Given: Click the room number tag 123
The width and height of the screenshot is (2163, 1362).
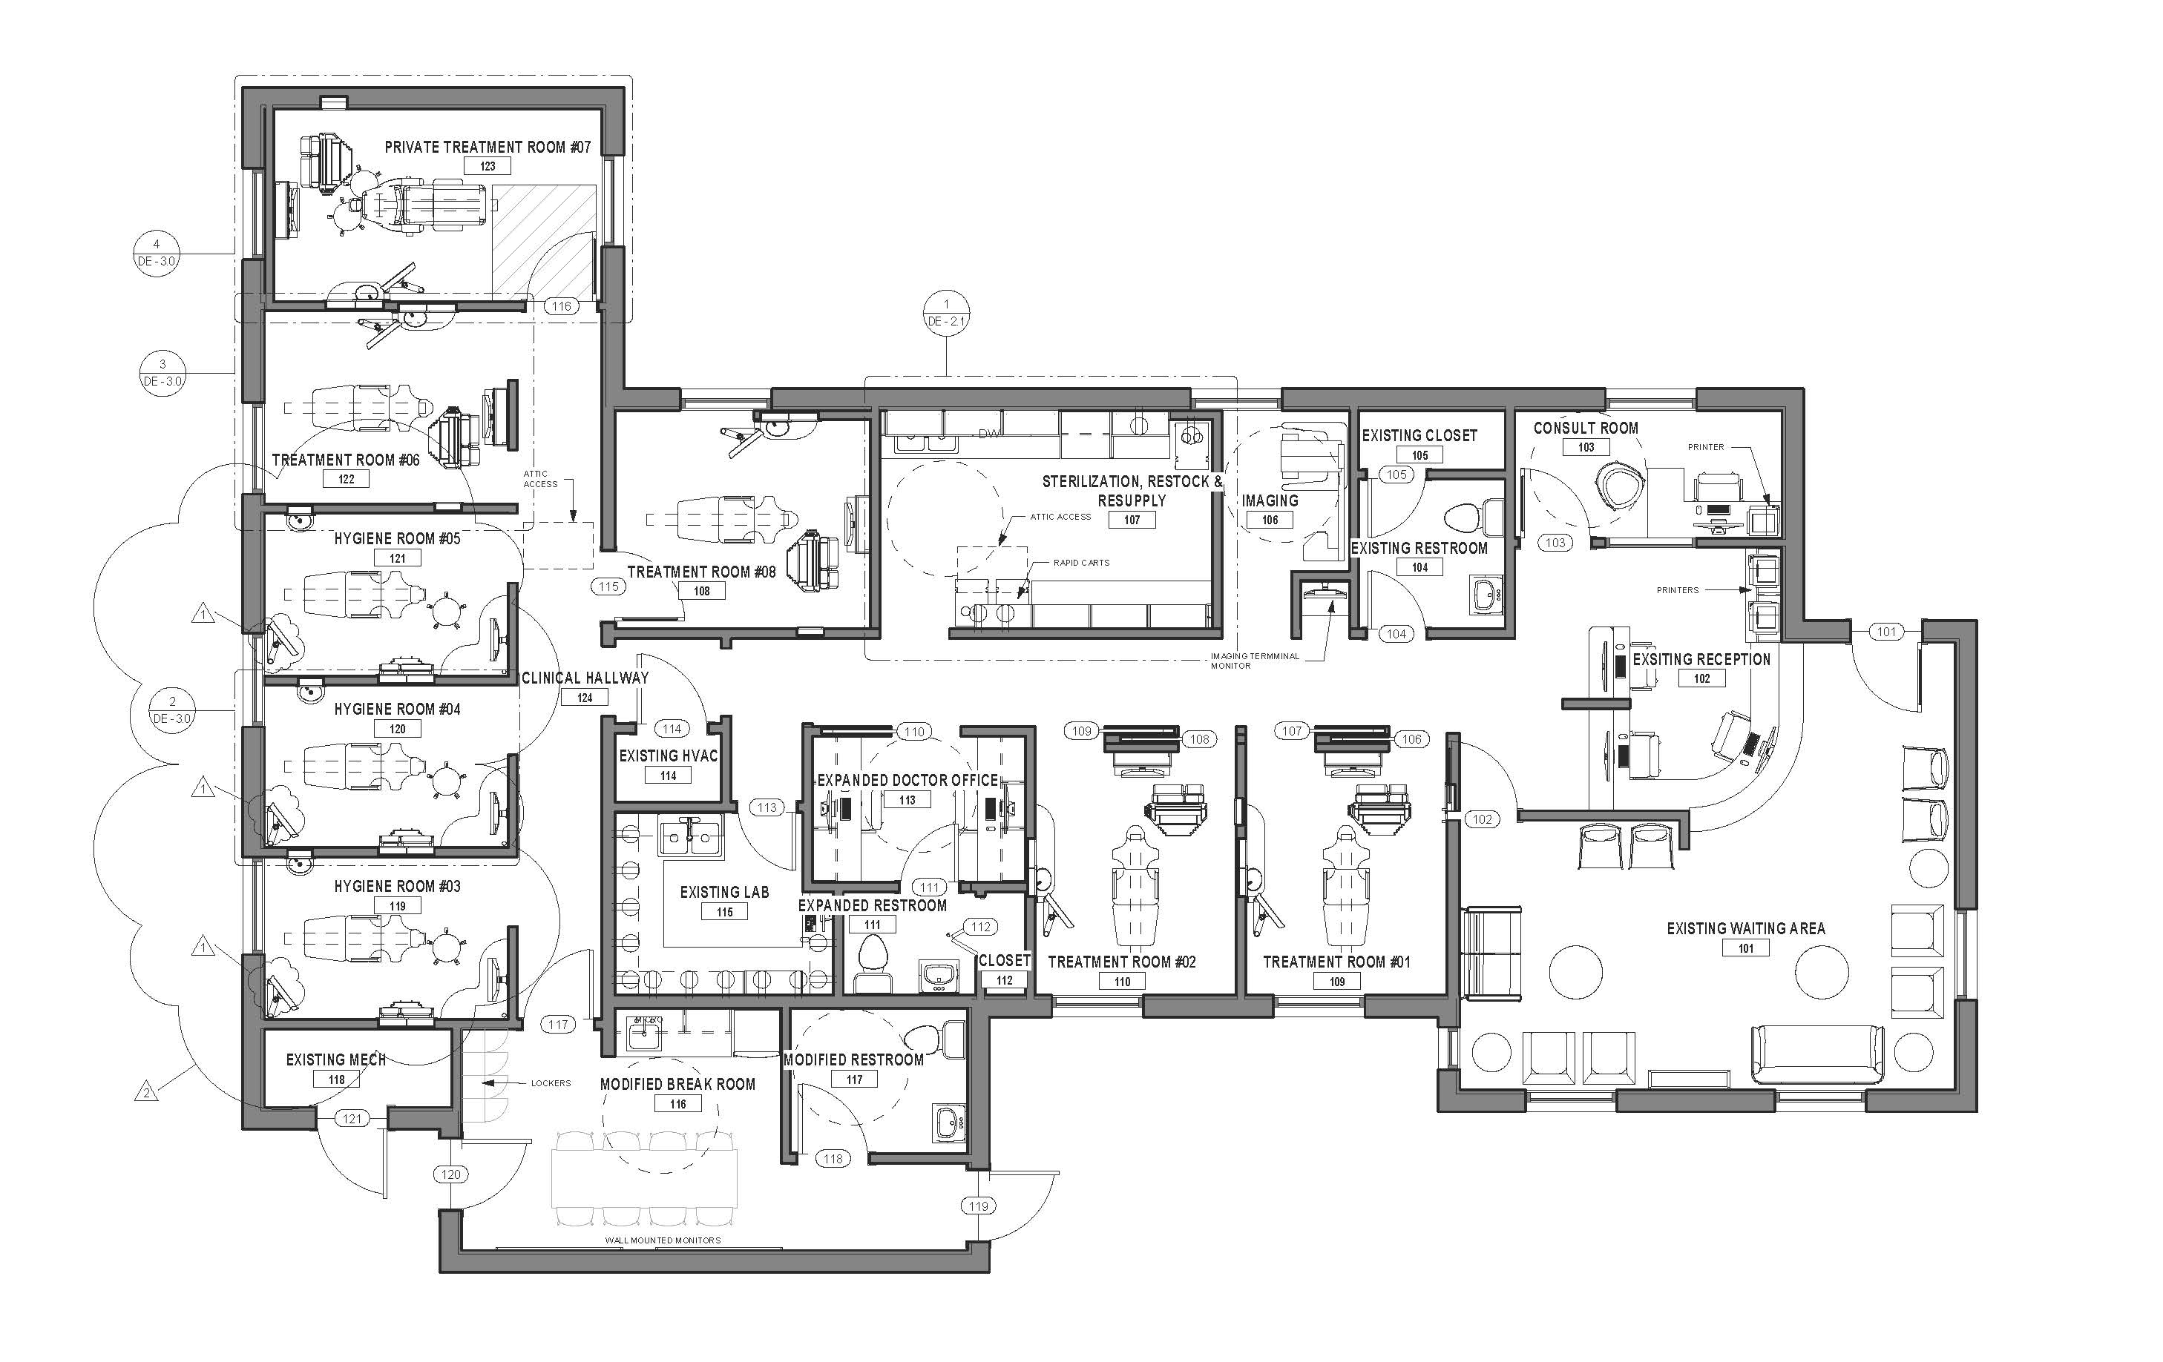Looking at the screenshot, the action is [487, 166].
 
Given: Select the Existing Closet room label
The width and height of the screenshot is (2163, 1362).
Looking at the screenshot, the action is [1419, 435].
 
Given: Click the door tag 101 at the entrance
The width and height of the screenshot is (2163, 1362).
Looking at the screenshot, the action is [1886, 632].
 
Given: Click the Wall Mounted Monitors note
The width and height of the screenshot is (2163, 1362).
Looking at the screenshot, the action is [663, 1241].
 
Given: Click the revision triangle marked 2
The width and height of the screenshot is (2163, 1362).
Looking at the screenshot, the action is [146, 1093].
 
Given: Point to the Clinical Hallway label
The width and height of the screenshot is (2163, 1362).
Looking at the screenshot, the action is [585, 678].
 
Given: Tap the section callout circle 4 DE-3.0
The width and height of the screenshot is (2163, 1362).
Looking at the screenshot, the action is [157, 253].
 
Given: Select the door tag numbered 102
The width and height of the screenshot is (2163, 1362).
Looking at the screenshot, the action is [1482, 819].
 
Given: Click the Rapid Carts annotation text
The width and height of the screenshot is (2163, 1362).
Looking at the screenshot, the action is [1082, 563].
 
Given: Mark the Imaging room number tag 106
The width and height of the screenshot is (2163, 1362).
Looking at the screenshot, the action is [1270, 520].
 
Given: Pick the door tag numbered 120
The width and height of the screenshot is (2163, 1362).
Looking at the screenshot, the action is [451, 1174].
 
